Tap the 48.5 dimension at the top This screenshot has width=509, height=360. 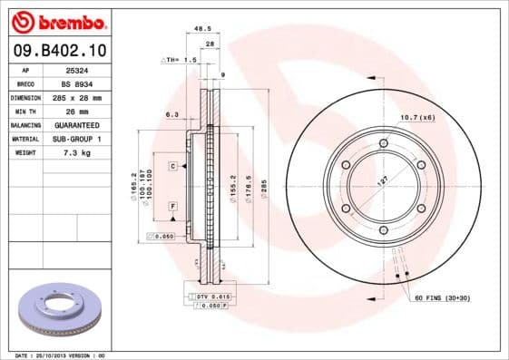pyautogui.click(x=204, y=29)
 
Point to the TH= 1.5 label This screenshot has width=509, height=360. pyautogui.click(x=180, y=59)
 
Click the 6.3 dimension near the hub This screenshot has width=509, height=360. pyautogui.click(x=171, y=114)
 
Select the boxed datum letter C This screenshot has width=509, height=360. pyautogui.click(x=171, y=167)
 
